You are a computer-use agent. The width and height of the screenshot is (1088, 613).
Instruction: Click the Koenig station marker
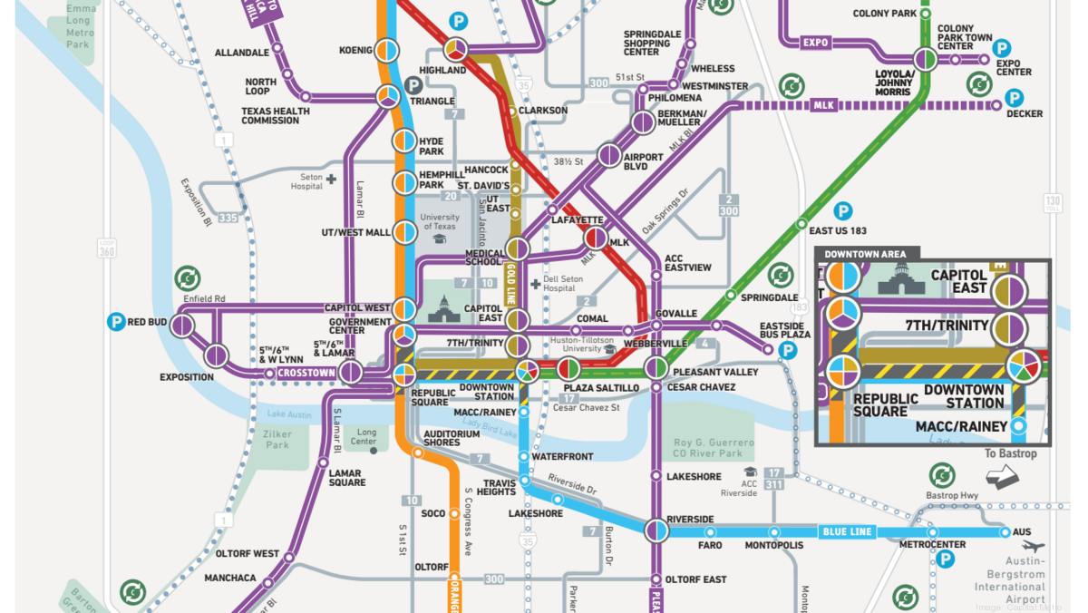(x=387, y=49)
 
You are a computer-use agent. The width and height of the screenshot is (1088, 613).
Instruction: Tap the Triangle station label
(x=432, y=102)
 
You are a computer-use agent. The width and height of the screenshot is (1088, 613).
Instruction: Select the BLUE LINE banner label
(x=848, y=531)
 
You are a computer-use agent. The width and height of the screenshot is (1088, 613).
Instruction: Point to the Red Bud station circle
(x=182, y=325)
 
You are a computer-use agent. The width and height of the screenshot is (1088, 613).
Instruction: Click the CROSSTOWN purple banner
(x=306, y=373)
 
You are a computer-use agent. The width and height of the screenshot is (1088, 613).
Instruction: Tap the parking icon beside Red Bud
(x=115, y=321)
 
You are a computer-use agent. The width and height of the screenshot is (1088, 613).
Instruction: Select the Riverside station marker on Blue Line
(x=656, y=530)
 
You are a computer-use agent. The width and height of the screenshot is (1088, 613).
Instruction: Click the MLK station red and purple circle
(x=596, y=238)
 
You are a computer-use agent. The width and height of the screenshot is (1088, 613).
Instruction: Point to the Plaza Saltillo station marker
(x=568, y=369)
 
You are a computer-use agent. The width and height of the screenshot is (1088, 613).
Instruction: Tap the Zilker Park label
(x=277, y=440)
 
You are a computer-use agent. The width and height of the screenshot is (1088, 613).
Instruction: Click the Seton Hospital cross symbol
(x=332, y=180)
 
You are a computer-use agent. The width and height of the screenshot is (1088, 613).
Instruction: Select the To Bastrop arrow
(x=1003, y=477)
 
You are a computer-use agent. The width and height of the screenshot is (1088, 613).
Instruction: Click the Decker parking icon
(x=1014, y=98)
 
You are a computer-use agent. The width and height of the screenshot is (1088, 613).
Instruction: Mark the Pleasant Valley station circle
(x=656, y=368)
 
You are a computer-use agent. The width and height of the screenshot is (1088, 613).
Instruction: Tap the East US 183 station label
(x=838, y=230)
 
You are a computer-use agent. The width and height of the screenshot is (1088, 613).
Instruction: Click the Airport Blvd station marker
(x=609, y=156)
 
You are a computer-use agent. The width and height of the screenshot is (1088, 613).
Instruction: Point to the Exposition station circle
(x=216, y=355)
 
